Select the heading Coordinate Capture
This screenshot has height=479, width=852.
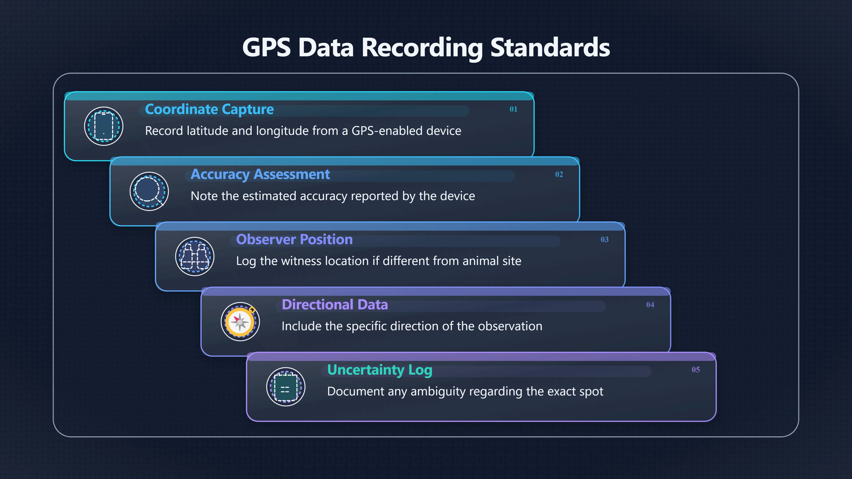209,109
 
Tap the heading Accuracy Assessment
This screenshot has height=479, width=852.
260,175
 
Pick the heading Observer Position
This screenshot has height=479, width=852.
294,239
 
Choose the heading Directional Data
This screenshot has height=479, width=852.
335,304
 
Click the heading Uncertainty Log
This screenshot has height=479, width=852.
380,370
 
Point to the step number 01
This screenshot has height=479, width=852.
513,109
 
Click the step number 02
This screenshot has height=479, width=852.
559,174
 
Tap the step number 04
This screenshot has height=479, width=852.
650,304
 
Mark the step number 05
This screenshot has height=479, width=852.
696,370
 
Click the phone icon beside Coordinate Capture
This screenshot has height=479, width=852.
104,126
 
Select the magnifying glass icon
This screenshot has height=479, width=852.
149,191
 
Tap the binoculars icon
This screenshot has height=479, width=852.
195,257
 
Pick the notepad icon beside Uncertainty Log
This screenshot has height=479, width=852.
286,387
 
